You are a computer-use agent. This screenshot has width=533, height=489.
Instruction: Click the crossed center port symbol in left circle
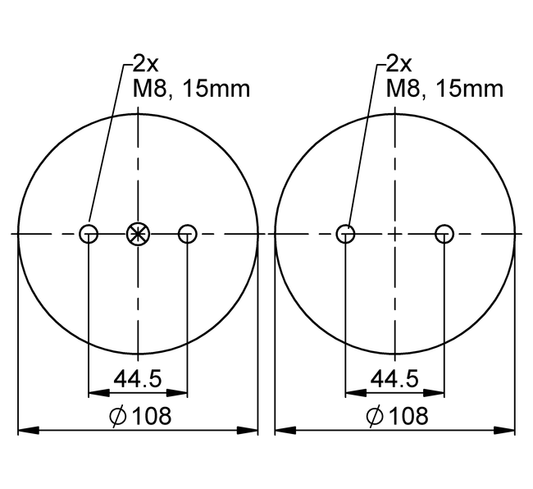click(x=138, y=234)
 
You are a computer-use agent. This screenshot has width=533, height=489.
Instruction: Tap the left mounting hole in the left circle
click(x=89, y=234)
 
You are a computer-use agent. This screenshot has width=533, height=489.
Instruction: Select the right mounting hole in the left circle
click(x=188, y=234)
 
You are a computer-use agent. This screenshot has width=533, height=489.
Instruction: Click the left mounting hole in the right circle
click(x=346, y=234)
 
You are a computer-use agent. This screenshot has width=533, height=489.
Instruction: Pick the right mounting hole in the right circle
click(x=444, y=234)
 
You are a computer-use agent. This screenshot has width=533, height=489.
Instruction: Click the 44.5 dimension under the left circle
click(x=138, y=378)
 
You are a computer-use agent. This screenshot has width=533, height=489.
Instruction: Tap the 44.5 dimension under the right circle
click(x=395, y=378)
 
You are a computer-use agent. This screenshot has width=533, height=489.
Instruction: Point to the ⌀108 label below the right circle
click(x=397, y=416)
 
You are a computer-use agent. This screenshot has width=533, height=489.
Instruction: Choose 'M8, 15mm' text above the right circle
click(x=444, y=89)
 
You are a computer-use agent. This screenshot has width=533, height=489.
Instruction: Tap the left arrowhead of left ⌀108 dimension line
click(x=25, y=430)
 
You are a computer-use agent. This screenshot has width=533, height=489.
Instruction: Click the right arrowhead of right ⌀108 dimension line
click(x=509, y=430)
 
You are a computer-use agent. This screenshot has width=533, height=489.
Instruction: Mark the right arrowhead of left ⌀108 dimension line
click(x=252, y=430)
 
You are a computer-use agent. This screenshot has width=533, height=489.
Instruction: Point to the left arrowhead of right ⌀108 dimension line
click(x=282, y=430)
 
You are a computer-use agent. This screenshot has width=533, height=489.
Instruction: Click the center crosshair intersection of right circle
click(x=395, y=234)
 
